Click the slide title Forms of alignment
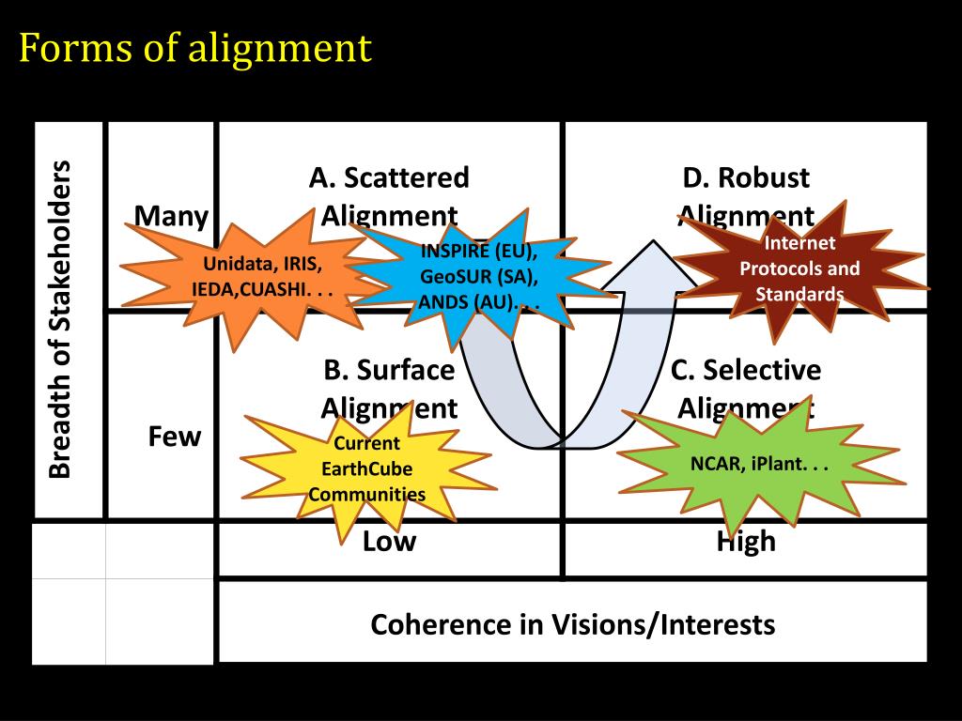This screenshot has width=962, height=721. coord(195,47)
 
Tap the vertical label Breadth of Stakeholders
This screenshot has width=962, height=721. coord(60,319)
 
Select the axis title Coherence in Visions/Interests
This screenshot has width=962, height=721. coord(572,624)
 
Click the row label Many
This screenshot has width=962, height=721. coord(171,217)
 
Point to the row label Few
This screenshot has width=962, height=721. coord(174,437)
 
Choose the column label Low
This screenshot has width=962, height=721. coord(389,542)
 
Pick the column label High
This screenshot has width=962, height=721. coord(746,542)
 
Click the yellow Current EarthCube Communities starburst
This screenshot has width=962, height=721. coord(366,468)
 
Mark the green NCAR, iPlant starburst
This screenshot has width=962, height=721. coord(759,464)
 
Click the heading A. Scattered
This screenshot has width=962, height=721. coord(389,177)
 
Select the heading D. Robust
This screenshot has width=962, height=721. coord(746,177)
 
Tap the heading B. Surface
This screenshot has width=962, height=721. coord(389,370)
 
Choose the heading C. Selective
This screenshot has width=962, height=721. coord(746,370)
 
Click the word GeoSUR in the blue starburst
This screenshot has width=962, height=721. coord(450,277)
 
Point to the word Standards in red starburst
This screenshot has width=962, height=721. coord(799,294)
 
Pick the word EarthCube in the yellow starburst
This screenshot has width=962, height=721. coord(366,468)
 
